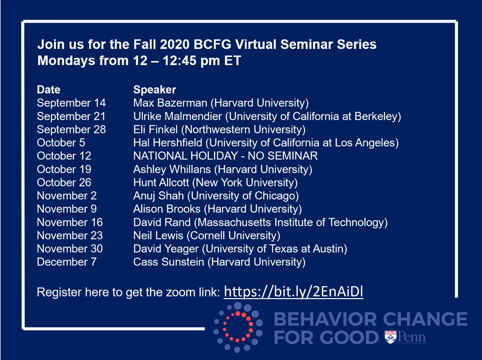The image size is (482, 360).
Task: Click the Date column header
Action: [x=49, y=89]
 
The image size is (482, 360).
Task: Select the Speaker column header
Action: [x=155, y=89]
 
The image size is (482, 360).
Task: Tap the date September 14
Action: [x=71, y=103]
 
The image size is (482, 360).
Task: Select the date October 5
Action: [x=61, y=142]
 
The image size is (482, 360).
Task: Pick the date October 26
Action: [x=64, y=182]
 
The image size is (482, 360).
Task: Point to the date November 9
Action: [x=67, y=209]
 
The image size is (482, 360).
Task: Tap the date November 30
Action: [x=69, y=248]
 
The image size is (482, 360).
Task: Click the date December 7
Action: [x=66, y=262]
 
